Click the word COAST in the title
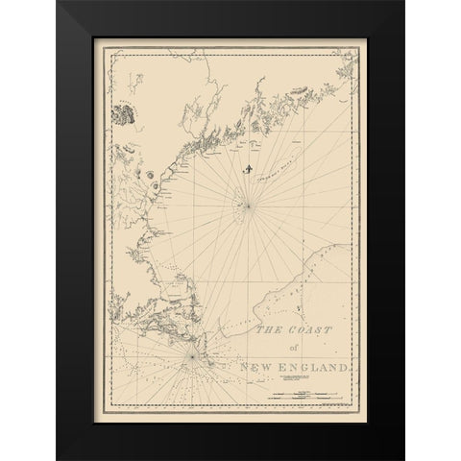305,331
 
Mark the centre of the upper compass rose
249,203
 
